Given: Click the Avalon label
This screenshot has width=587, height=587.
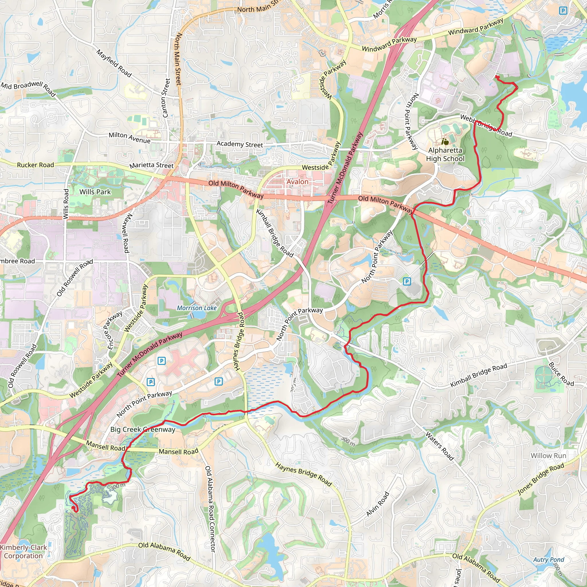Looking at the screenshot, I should click(298, 182).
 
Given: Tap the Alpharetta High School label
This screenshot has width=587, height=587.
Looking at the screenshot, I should click(445, 154).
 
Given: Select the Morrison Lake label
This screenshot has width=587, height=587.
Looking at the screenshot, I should click(197, 308).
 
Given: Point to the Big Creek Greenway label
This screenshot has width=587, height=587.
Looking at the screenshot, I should click(143, 429).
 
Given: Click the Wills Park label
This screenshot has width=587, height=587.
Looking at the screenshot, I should click(95, 192).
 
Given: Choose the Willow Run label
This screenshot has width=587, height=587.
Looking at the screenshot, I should click(548, 455).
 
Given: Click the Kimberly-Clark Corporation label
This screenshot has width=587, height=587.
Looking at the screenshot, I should click(23, 551).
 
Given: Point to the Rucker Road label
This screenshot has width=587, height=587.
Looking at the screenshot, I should click(35, 165).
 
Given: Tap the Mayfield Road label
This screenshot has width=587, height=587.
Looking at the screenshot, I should click(114, 63).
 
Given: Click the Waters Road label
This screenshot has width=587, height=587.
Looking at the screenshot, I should click(440, 446).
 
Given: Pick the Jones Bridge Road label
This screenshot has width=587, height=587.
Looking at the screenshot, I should click(541, 479).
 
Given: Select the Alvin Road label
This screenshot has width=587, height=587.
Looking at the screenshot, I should click(377, 504).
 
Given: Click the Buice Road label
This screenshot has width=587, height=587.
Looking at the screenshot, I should click(561, 374).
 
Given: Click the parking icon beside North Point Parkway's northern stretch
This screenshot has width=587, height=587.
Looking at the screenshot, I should click(407, 281).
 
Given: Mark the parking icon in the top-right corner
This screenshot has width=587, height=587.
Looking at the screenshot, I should click(563, 11).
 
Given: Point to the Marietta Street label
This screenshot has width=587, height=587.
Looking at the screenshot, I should click(151, 165).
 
